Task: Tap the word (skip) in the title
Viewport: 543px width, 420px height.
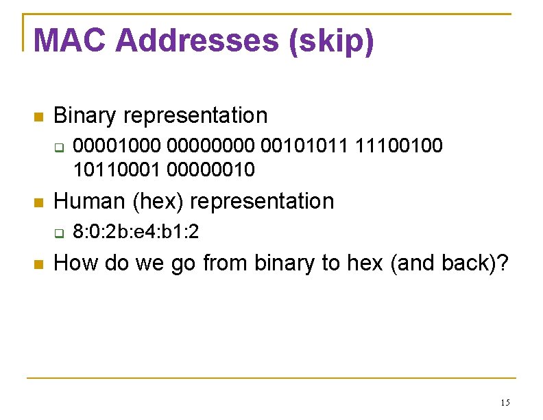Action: (x=332, y=41)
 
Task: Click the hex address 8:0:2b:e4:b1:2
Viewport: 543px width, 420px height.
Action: (x=136, y=232)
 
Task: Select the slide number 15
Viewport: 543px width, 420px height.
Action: (x=505, y=402)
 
